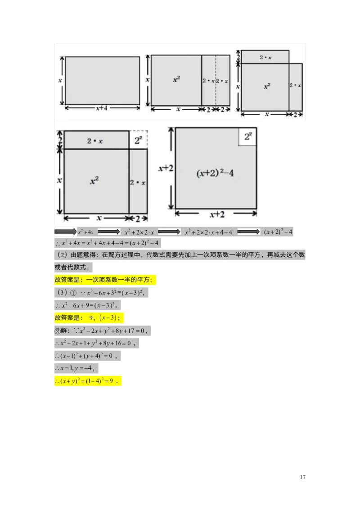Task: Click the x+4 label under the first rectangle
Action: point(102,108)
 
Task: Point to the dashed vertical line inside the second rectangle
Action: point(216,80)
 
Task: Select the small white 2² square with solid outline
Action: point(247,137)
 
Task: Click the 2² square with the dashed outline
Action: point(139,140)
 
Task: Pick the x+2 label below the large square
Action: point(216,214)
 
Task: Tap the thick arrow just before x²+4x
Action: point(66,231)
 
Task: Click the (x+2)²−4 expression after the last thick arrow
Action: point(278,232)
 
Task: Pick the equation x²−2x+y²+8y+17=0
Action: point(111,331)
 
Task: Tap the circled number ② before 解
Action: point(57,331)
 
